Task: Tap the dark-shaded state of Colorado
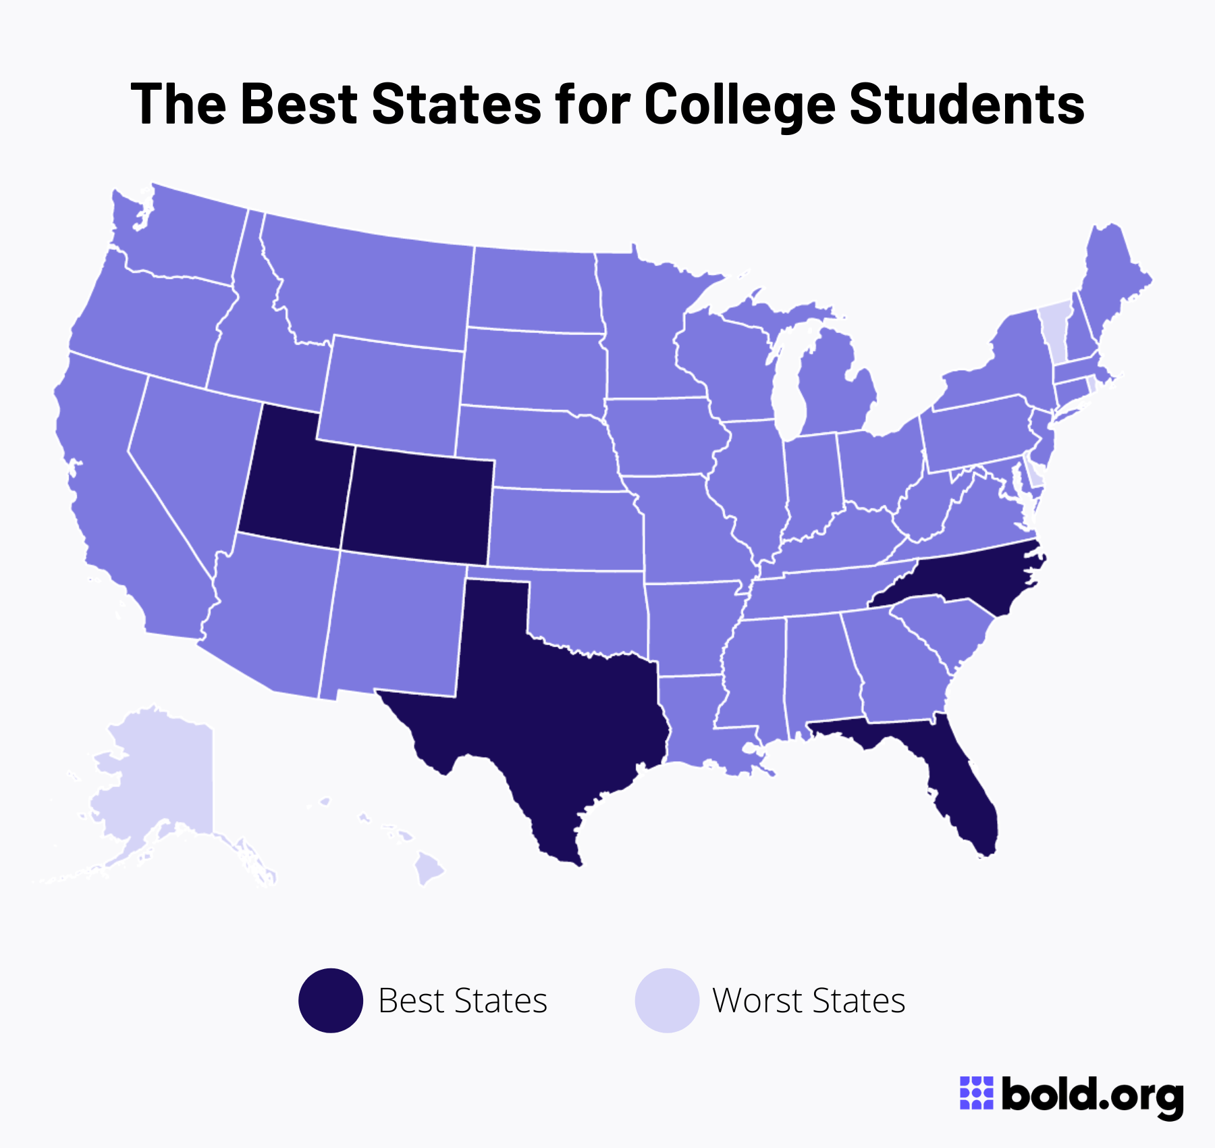(418, 506)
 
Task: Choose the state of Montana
(371, 284)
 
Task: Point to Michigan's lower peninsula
(834, 392)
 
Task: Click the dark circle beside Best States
(331, 1000)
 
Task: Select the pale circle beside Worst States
(667, 1000)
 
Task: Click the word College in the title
(739, 105)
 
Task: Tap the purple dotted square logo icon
(977, 1093)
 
